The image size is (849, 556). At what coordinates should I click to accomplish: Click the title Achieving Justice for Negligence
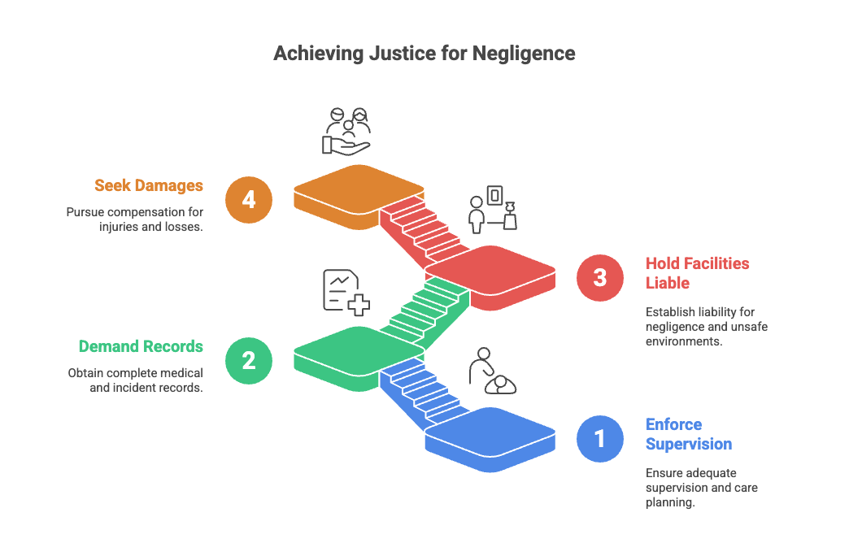[x=424, y=54]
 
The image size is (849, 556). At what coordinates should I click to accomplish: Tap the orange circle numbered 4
[x=249, y=199]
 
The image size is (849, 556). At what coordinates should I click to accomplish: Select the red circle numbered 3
[x=599, y=277]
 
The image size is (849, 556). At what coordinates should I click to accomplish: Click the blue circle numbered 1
[x=599, y=438]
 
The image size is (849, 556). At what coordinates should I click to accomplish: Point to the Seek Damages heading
[x=148, y=185]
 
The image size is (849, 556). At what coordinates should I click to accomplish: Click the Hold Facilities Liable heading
[x=697, y=272]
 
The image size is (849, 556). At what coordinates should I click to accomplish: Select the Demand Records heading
[x=141, y=346]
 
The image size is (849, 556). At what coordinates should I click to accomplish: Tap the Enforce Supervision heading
[x=688, y=434]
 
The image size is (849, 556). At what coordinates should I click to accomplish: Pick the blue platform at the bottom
[x=492, y=432]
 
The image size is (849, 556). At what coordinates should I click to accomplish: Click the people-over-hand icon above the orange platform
[x=347, y=130]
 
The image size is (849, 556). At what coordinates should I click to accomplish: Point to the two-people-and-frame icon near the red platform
[x=493, y=209]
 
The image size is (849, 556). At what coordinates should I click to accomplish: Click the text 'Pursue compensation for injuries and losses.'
[x=134, y=219]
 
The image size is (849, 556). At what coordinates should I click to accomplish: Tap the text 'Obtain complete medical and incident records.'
[x=134, y=380]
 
